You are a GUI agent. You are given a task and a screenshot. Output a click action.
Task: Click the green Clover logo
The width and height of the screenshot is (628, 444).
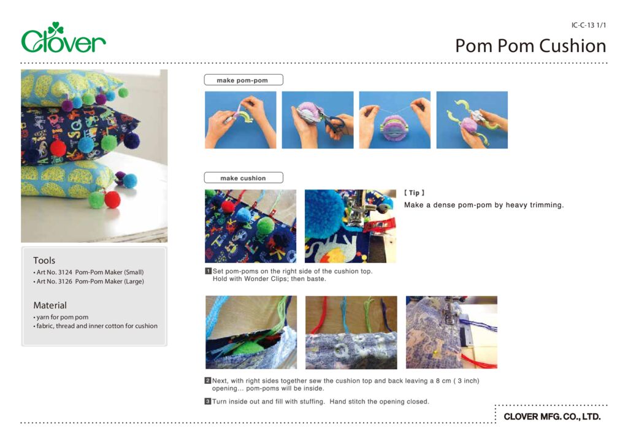[x=63, y=39]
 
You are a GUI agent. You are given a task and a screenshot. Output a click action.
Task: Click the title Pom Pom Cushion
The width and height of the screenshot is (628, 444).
[x=530, y=46]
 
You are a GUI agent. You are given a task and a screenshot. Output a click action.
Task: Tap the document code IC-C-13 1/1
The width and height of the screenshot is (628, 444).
[x=588, y=25]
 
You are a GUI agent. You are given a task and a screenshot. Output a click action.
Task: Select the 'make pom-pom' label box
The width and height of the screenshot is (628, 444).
[x=243, y=80]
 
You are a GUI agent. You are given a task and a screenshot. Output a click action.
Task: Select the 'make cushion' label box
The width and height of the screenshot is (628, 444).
[x=243, y=178]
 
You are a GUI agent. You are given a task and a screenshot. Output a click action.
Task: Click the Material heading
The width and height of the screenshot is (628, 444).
[x=50, y=305]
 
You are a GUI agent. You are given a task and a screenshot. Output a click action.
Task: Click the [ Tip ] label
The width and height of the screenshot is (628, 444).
[x=415, y=193]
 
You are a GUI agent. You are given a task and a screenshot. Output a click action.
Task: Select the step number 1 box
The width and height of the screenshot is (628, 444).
[x=209, y=270]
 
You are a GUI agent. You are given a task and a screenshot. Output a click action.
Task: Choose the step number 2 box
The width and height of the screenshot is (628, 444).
[x=209, y=381]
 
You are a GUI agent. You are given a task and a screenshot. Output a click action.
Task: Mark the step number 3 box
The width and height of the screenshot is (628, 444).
[x=209, y=402]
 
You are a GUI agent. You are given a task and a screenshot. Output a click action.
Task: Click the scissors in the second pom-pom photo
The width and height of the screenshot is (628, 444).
[x=334, y=123]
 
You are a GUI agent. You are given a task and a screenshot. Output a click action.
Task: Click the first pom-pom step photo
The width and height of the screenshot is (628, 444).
[x=240, y=120]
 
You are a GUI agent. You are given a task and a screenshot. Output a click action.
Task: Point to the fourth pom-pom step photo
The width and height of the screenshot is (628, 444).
[x=472, y=120]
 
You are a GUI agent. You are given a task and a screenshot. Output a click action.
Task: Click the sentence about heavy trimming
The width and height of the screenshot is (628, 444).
[x=483, y=205]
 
